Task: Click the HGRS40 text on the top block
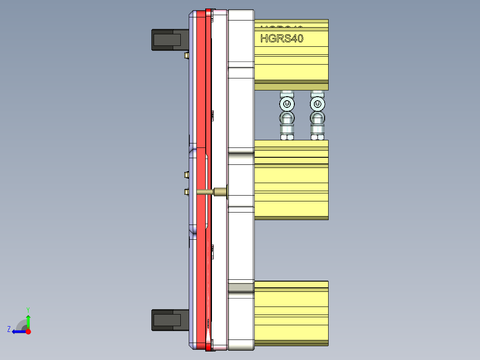pos(281,39)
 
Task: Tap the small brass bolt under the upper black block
pos(186,55)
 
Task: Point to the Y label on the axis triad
pos(28,309)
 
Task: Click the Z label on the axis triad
pos(9,329)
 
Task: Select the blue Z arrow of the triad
pos(18,331)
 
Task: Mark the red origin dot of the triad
pos(28,331)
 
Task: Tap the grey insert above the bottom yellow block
pos(240,287)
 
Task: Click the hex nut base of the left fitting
pos(287,137)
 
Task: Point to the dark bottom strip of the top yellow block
pos(291,87)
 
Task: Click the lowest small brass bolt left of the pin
pos(186,192)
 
